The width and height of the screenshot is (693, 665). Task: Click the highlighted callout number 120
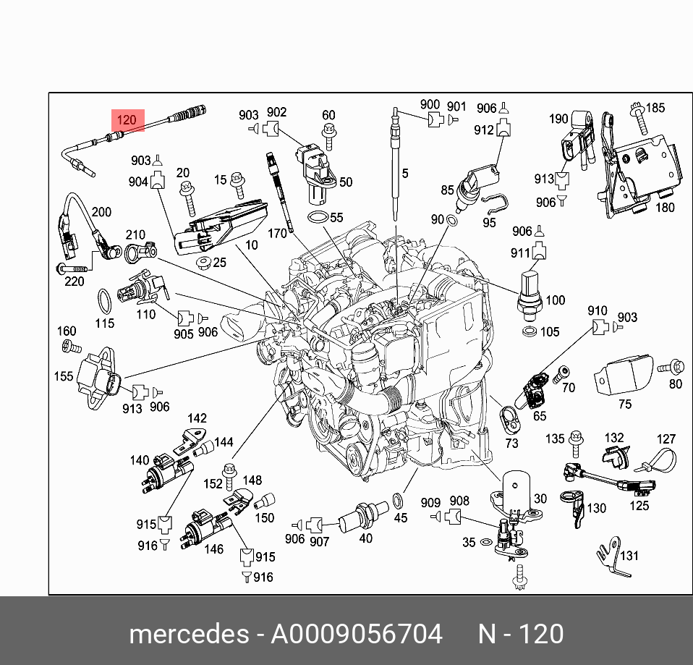click(x=127, y=120)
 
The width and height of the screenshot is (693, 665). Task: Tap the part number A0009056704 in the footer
click(x=356, y=634)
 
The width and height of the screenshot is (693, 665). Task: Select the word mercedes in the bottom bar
click(x=189, y=634)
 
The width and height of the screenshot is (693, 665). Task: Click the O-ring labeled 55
click(x=318, y=218)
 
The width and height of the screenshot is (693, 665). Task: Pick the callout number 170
click(x=277, y=233)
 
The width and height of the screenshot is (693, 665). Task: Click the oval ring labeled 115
click(x=104, y=301)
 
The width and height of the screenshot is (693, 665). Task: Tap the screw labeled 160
click(x=72, y=347)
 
